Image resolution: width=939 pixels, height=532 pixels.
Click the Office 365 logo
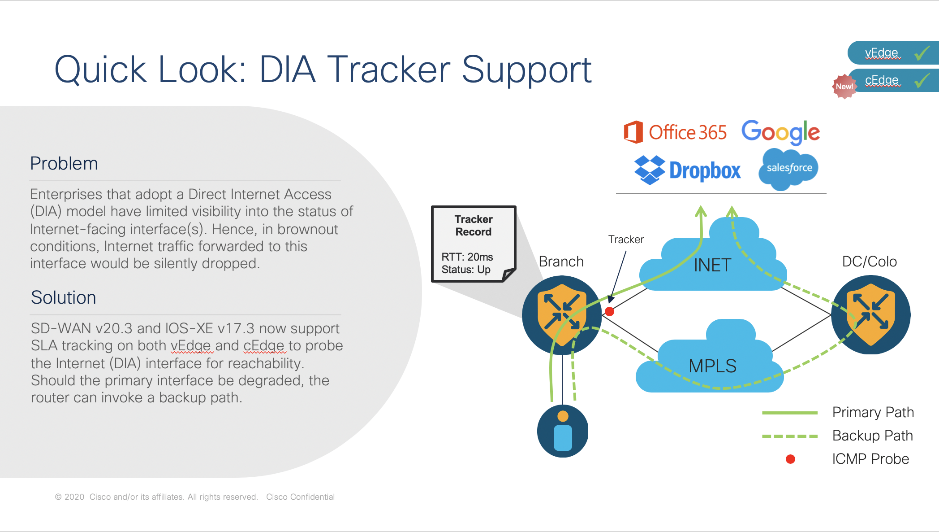[675, 132]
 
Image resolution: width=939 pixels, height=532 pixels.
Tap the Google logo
[780, 132]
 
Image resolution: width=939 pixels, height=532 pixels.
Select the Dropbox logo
[688, 170]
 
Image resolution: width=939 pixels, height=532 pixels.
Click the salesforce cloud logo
[789, 168]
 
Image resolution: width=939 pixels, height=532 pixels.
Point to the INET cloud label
[712, 266]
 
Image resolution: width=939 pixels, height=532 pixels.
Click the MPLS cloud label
[712, 366]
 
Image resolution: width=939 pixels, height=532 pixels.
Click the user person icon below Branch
[563, 431]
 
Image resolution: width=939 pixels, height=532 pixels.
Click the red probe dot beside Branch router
[609, 311]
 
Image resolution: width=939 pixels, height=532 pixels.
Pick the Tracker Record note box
[474, 244]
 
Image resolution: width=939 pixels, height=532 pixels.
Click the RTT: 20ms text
[467, 257]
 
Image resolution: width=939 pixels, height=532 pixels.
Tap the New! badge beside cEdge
[844, 86]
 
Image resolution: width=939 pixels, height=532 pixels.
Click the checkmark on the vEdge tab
[922, 53]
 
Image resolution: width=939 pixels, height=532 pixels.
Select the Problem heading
[64, 164]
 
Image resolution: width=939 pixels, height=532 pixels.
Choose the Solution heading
[63, 298]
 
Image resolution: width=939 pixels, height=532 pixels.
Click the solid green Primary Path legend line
[789, 413]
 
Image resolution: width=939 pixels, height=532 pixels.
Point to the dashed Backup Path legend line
[789, 436]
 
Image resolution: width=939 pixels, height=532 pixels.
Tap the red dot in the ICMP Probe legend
[790, 459]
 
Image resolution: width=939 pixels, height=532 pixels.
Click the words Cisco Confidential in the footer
[300, 497]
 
